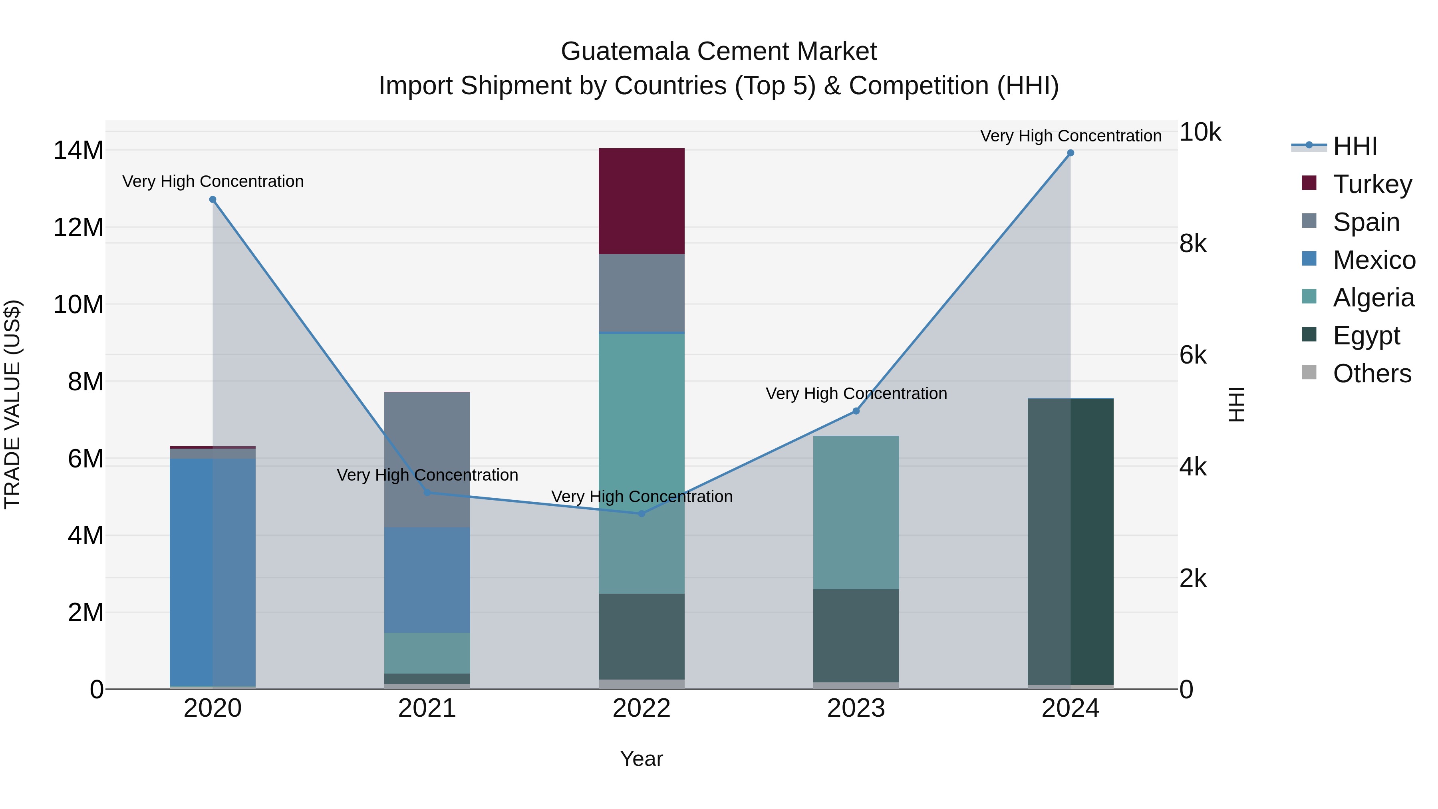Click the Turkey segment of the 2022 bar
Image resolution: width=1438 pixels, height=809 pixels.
tap(642, 201)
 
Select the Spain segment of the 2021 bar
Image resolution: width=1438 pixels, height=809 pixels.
tap(427, 459)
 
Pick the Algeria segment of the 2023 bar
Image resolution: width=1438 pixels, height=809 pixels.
tap(856, 512)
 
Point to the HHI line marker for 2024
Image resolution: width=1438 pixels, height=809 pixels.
tap(1070, 153)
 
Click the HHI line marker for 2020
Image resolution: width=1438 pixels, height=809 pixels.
tap(213, 199)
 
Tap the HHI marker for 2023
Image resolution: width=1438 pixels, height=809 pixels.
tap(856, 411)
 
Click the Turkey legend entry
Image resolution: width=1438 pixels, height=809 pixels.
tap(1372, 184)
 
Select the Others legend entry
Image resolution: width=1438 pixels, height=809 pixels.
tap(1372, 374)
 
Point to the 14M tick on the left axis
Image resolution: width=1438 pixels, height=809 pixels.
tap(78, 150)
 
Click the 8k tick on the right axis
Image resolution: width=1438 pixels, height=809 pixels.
tap(1193, 243)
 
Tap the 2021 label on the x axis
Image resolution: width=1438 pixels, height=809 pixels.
tap(427, 708)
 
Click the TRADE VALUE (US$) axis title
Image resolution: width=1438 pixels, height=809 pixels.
tap(12, 404)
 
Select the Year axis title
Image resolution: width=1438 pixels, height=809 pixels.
tap(642, 759)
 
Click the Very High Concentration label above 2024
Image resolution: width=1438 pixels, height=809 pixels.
tap(1070, 136)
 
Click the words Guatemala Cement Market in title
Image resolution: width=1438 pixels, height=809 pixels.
tap(719, 52)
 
